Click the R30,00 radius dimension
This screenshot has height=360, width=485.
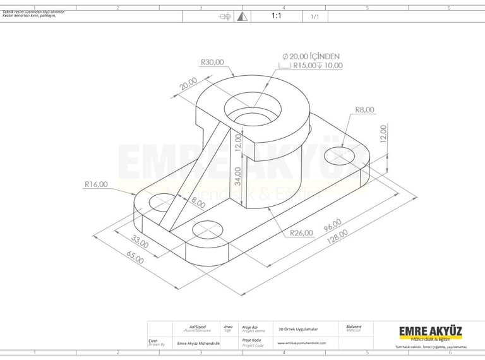coord(212,62)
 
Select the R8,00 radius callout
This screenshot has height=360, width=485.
coord(364,109)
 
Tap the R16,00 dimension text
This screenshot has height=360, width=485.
coord(96,184)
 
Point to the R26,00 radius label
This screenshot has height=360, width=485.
coord(301,233)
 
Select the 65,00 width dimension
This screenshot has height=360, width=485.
coord(135,256)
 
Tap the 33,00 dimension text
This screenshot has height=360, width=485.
coord(140,241)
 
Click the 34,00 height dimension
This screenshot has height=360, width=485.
coord(238,172)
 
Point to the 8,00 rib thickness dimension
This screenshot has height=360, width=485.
coord(198,203)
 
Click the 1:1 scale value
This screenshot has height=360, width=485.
coord(277,16)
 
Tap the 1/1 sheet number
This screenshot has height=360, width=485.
coord(314,17)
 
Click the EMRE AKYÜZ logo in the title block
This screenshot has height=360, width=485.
coord(430,332)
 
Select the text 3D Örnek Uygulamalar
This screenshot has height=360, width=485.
coord(298,329)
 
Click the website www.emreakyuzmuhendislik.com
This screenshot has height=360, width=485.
coord(302,343)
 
